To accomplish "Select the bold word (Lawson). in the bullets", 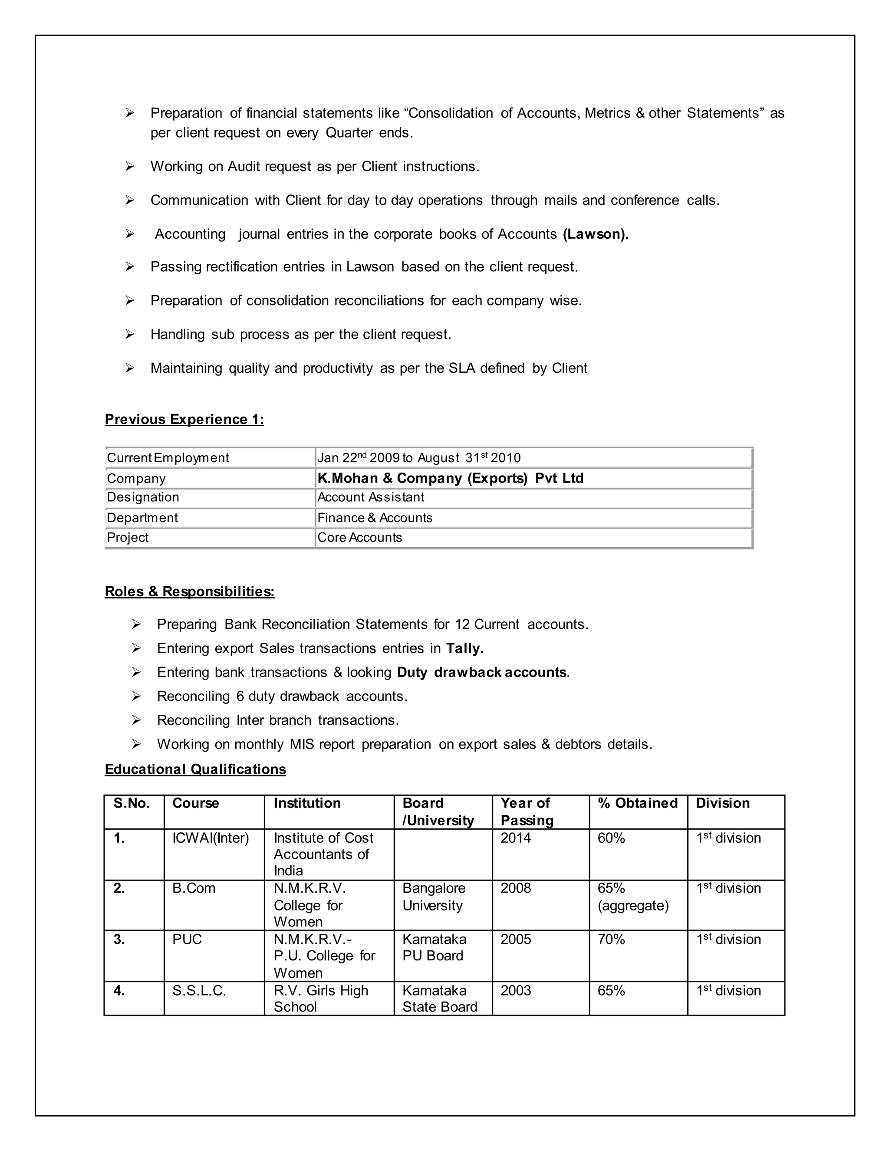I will (x=595, y=234).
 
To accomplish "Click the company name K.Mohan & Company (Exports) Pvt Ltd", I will (x=450, y=478).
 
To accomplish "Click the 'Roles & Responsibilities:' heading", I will (x=190, y=591).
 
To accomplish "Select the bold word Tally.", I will (x=464, y=648).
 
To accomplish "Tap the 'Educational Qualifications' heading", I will (x=195, y=769).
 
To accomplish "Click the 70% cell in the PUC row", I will (x=611, y=940).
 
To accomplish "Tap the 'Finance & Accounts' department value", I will (x=375, y=518).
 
